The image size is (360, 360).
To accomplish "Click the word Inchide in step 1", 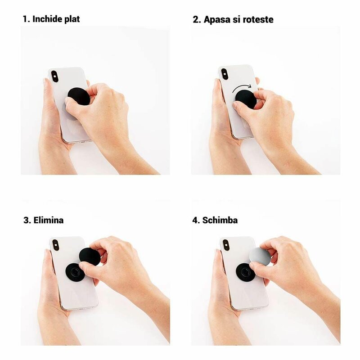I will [x=47, y=19].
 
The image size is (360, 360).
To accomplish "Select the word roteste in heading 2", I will [x=257, y=19].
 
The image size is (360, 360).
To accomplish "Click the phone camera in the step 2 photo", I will [x=224, y=74].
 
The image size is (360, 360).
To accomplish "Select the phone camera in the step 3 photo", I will [x=56, y=245].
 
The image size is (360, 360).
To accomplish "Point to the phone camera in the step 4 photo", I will [x=226, y=245].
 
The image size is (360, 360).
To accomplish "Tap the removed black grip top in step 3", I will [x=90, y=256].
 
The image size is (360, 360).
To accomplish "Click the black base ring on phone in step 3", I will [x=75, y=272].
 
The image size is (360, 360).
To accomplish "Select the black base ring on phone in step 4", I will [x=246, y=272].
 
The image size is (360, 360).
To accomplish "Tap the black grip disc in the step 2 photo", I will [x=246, y=99].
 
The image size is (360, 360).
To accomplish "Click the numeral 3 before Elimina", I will [x=26, y=220].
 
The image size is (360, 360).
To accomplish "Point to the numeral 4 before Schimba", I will [x=195, y=220].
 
